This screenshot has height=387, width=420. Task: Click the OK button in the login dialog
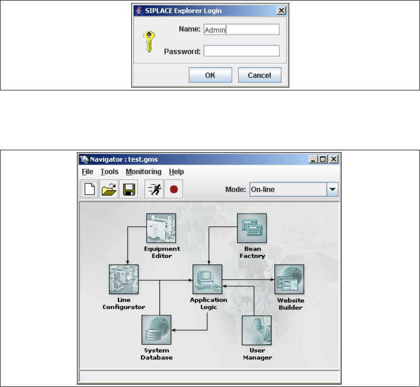pos(210,75)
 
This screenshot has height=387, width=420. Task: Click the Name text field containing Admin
pos(241,30)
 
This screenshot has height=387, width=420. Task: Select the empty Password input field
pos(241,51)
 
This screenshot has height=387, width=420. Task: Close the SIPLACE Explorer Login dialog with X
pos(281,10)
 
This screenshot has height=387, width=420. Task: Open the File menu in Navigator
pos(87,172)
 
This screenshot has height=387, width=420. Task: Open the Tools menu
pos(109,172)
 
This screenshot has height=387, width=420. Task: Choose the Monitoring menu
pos(143,172)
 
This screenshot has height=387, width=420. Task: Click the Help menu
pos(176,172)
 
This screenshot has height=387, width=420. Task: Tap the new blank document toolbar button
pos(90,189)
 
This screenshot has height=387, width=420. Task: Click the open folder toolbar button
pos(109,189)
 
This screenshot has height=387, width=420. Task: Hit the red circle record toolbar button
pos(173,189)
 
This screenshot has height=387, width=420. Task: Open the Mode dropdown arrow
pos(333,189)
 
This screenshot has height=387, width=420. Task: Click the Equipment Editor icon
pos(161,228)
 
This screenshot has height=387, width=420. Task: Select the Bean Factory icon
pos(252,228)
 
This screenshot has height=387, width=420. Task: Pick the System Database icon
pos(156,330)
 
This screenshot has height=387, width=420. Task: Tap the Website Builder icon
pos(289,279)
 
